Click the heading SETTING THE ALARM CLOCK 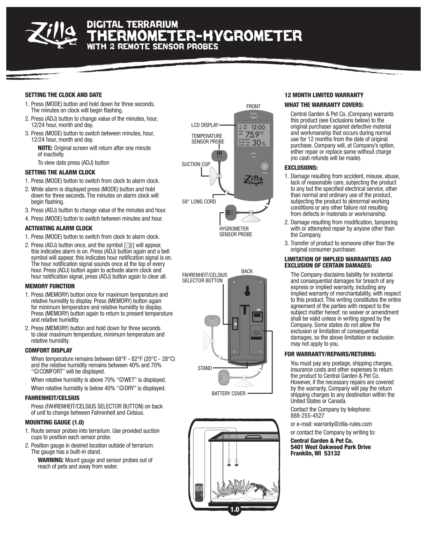pyautogui.click(x=60, y=172)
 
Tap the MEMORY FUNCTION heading pyautogui.click(x=50, y=286)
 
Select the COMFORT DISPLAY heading pyautogui.click(x=48, y=351)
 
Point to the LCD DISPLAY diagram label pyautogui.click(x=205, y=125)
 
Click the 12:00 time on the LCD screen pyautogui.click(x=258, y=127)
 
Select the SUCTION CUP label pyautogui.click(x=196, y=164)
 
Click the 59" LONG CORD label pyautogui.click(x=199, y=202)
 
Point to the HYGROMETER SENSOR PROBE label pyautogui.click(x=235, y=231)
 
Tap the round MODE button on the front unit pyautogui.click(x=265, y=167)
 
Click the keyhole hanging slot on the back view pyautogui.click(x=247, y=290)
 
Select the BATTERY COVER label pyautogui.click(x=229, y=393)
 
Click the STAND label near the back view pyautogui.click(x=204, y=368)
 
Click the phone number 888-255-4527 pyautogui.click(x=307, y=416)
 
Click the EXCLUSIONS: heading pyautogui.click(x=301, y=168)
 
